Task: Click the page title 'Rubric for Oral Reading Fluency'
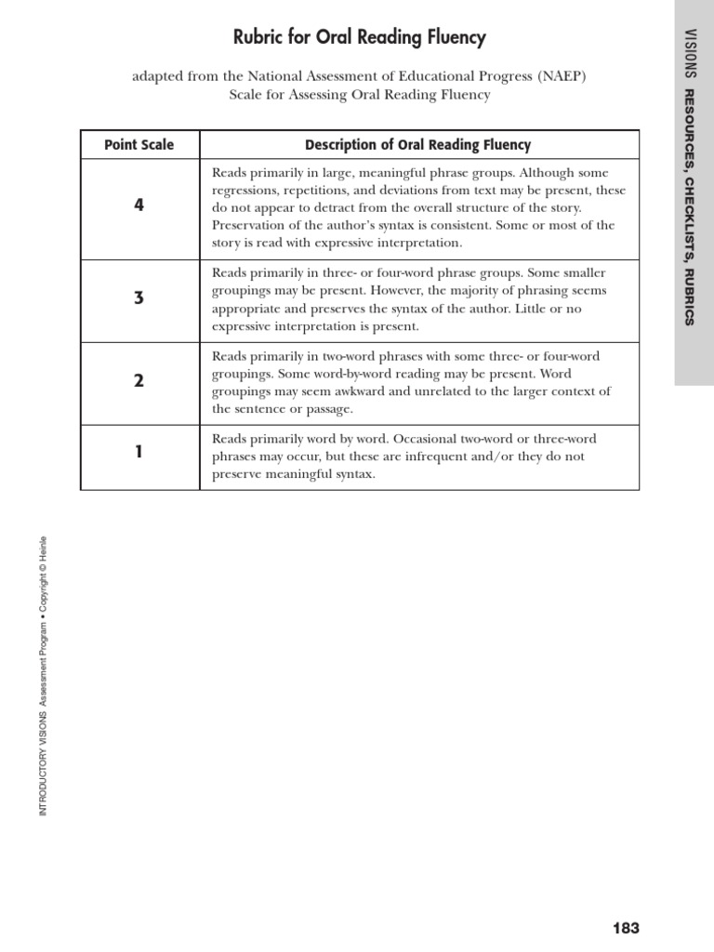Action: click(x=359, y=38)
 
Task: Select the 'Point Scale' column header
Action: click(x=139, y=145)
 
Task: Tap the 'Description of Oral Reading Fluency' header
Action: click(x=418, y=145)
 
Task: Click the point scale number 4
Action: click(x=139, y=206)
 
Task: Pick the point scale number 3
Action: click(x=139, y=298)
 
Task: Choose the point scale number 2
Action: click(x=139, y=381)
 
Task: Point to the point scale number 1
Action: click(x=139, y=453)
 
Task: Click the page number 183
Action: click(x=626, y=928)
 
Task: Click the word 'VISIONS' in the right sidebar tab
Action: click(x=689, y=57)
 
